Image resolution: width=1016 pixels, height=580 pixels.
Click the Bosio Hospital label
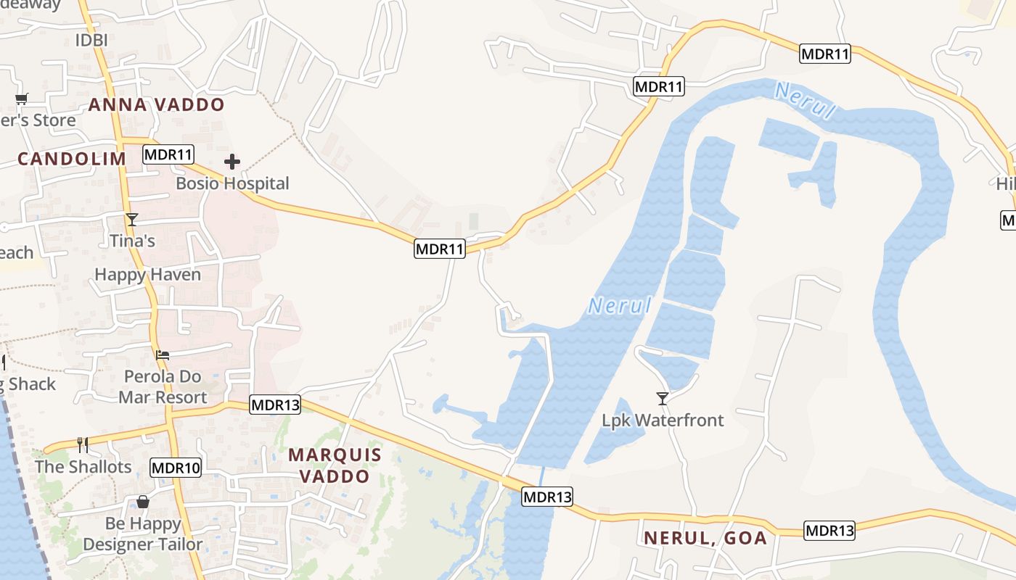(232, 183)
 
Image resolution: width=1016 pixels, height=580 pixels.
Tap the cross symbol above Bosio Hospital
(232, 161)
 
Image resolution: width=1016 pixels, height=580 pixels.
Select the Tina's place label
(132, 241)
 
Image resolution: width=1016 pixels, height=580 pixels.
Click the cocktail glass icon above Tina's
(132, 219)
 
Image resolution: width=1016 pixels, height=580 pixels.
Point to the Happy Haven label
(147, 275)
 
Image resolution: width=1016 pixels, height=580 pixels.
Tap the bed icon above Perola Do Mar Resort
(163, 355)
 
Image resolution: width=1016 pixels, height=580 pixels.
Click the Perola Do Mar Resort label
(163, 387)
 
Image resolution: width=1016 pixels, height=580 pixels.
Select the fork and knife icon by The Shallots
(83, 444)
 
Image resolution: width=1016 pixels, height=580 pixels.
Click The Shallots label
(83, 466)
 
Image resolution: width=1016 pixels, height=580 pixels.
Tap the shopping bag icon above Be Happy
(143, 502)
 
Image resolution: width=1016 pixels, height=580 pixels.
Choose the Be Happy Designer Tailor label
(143, 534)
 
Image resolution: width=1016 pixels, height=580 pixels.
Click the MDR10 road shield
(176, 468)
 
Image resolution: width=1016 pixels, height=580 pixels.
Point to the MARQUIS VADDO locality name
(335, 465)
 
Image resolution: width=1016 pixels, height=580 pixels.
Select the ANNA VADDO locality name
(157, 104)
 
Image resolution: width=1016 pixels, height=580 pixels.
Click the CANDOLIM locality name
(67, 159)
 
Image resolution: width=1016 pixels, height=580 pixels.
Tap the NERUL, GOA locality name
(705, 537)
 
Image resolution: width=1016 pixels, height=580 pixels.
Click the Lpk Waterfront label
(663, 420)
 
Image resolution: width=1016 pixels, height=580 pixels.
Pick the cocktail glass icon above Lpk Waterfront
(662, 398)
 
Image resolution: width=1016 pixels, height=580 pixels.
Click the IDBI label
(91, 40)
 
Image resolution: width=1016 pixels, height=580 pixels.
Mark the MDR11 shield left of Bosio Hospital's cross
(168, 154)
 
